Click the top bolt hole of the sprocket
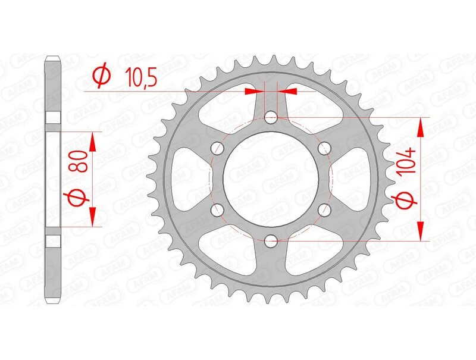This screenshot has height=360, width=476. tap(271, 117)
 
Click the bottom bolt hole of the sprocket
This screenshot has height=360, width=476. tap(271, 240)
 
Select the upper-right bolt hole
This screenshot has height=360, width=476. tap(324, 148)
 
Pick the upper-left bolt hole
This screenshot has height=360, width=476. tap(217, 148)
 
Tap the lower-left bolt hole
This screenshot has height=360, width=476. tap(217, 209)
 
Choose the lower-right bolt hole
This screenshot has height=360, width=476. tap(324, 209)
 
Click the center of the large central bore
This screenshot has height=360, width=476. tap(271, 179)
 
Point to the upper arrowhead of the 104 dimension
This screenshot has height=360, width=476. tap(421, 126)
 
